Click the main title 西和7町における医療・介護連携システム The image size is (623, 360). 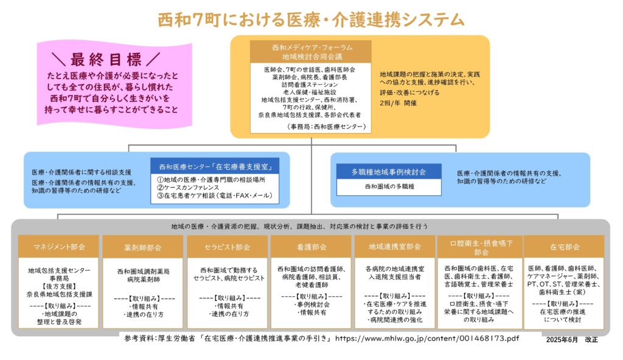311,19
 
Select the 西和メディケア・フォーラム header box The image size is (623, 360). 311,51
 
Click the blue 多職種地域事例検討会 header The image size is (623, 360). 389,172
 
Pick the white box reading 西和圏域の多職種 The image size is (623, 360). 389,187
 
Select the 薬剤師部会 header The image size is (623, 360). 142,247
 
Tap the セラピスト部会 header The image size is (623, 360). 226,247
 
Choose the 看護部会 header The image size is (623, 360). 311,247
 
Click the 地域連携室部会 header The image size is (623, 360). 395,247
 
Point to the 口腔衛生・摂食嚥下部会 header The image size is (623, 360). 478,247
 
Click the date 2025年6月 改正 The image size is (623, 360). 573,339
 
